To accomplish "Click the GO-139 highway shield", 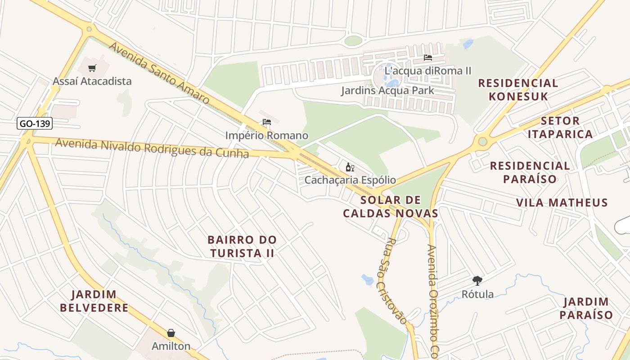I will point(35,123).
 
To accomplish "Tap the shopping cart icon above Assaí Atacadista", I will point(92,68).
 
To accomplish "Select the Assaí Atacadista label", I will point(92,81).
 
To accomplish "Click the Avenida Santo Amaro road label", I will point(159,73).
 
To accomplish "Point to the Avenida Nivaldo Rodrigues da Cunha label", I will point(152,148).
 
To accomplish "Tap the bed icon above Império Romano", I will point(267,122).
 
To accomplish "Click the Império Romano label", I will point(266,135).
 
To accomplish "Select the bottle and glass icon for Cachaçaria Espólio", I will point(350,167).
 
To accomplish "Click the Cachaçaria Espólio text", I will point(350,180).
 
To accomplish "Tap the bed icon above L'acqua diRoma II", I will point(427,58).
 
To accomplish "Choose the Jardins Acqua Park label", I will point(387,90).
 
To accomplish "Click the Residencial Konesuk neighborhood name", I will point(518,90).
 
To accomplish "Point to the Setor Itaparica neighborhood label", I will point(560,127).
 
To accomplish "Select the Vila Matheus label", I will point(562,202).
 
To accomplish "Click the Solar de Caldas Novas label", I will point(391,207).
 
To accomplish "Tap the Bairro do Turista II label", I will point(242,246).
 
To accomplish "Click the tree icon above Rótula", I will point(477,281).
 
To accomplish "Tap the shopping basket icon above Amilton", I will point(171,333).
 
